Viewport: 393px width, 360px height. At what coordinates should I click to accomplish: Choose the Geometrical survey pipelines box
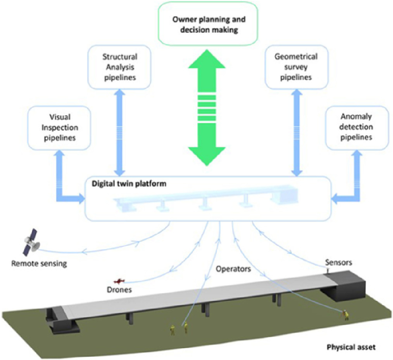(x=296, y=67)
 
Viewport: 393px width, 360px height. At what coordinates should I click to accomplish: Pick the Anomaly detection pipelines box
(x=357, y=127)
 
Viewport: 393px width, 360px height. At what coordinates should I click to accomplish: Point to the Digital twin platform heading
(x=129, y=184)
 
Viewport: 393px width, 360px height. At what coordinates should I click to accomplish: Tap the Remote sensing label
(x=39, y=264)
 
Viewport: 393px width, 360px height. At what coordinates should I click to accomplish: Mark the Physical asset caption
(x=351, y=347)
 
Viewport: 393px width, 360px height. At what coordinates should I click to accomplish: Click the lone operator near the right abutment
(x=346, y=315)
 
